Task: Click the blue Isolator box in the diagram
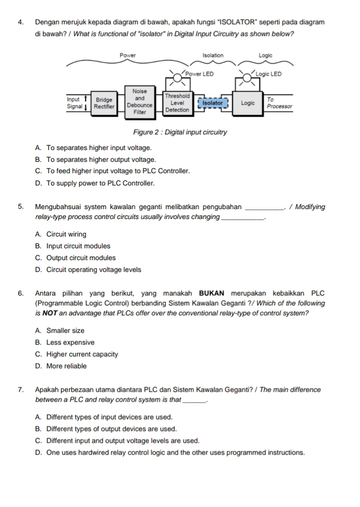[213, 103]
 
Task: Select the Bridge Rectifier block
[104, 103]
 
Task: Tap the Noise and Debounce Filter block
[140, 101]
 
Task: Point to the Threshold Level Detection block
[177, 102]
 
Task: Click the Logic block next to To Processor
[248, 103]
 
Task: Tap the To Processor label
[279, 103]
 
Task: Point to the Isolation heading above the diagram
[213, 55]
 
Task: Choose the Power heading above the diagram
[127, 55]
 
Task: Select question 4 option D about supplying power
[94, 183]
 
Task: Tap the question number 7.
[21, 389]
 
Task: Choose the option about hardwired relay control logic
[170, 452]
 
